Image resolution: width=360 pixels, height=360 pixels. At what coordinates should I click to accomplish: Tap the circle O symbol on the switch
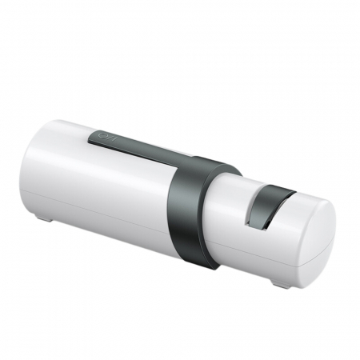coord(102,138)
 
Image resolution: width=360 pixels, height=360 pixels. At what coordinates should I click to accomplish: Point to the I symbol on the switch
coord(112,140)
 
